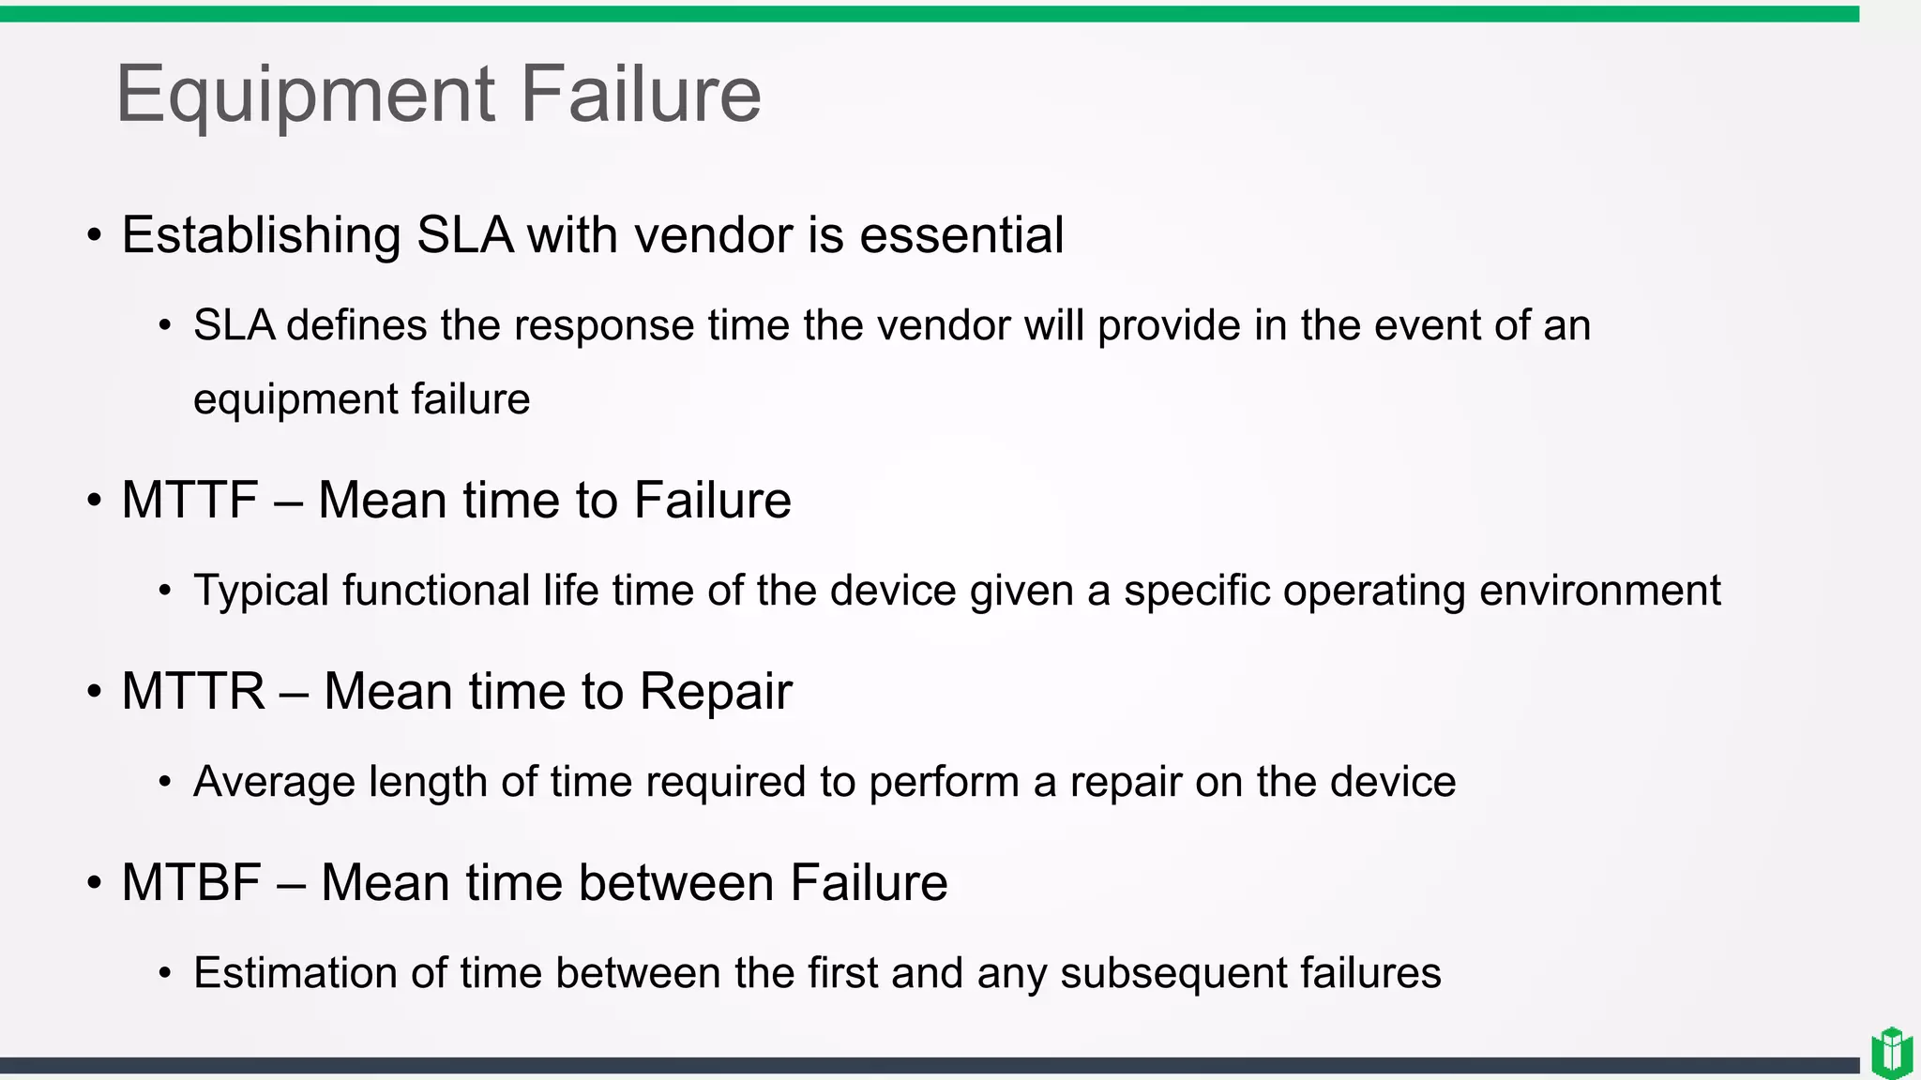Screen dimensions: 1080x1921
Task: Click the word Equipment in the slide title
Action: coord(305,96)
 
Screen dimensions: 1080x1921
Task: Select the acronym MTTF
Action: coord(189,500)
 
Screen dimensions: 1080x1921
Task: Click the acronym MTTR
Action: coord(193,691)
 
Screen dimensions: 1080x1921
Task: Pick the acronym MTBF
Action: coord(191,882)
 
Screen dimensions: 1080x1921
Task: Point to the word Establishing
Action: coord(262,235)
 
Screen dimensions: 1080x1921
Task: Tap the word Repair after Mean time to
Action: coord(716,692)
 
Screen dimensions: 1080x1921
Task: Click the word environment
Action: coord(1599,591)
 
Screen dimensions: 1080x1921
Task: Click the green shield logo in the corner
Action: coord(1891,1053)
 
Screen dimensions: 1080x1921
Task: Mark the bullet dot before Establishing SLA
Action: coord(94,235)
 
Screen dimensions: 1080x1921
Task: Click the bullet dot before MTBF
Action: coord(94,883)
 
